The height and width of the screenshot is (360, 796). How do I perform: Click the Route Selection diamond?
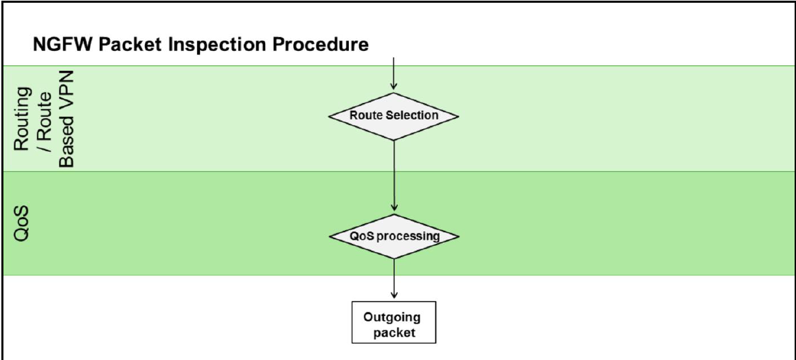(x=394, y=115)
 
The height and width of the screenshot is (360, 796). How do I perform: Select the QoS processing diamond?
(x=394, y=236)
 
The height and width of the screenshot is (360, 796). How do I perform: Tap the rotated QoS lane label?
(x=22, y=223)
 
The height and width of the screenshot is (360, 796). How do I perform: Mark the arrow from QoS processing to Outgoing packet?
(x=394, y=278)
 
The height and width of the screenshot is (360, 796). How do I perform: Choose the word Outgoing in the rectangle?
(x=392, y=317)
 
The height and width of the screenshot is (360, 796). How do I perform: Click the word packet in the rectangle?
(x=392, y=333)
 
